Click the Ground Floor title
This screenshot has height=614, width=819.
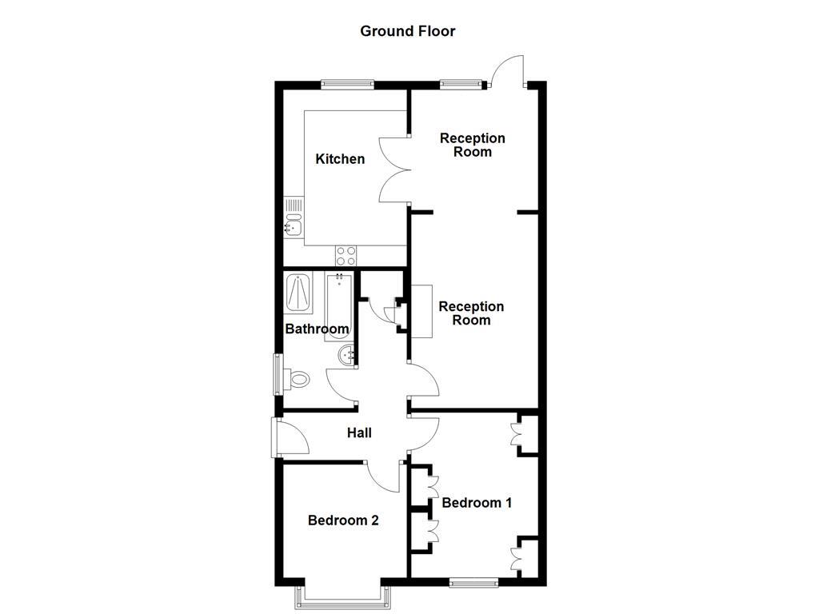407,31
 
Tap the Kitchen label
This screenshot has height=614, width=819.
340,159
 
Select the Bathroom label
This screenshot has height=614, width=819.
317,329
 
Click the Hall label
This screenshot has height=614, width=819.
359,433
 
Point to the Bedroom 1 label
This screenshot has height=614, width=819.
477,503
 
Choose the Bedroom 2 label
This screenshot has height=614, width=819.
343,520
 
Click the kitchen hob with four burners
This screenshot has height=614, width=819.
346,256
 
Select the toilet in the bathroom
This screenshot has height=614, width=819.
297,378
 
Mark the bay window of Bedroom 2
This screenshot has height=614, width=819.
343,595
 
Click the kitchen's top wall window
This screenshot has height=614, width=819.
348,82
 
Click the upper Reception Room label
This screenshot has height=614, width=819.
472,145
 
